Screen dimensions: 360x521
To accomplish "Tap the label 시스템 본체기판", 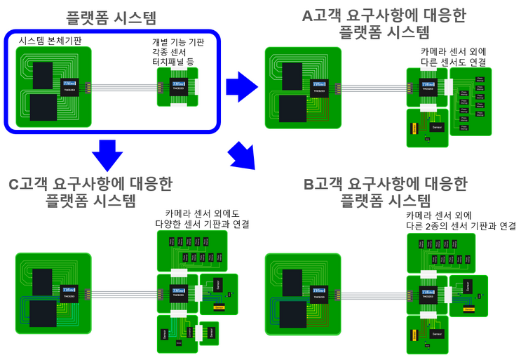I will coord(50,41).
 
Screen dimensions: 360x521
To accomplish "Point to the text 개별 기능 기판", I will coord(179,41).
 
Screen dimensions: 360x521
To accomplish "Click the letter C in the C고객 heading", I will coord(15,185).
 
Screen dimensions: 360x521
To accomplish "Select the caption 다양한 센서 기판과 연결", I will coord(203,225).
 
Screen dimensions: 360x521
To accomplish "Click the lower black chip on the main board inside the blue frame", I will coord(43,112).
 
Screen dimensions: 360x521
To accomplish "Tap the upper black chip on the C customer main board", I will coord(43,281).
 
